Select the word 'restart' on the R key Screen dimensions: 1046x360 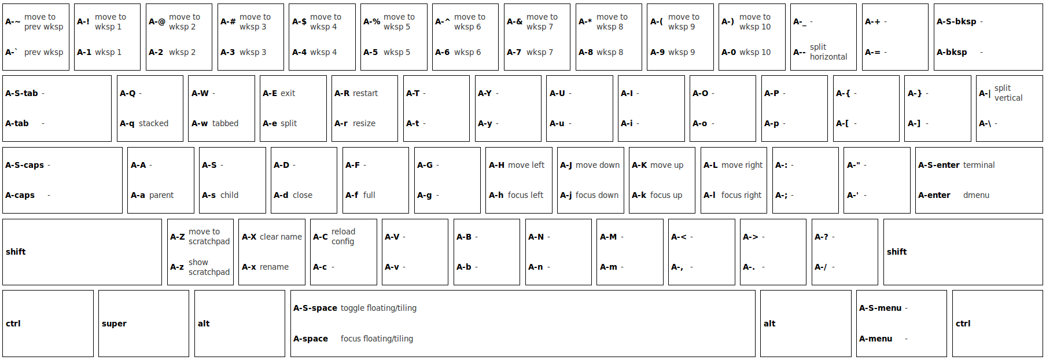pos(365,93)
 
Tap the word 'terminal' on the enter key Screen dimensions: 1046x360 pos(979,165)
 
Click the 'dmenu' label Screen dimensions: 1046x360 pos(976,195)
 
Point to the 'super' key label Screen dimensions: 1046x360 pos(114,324)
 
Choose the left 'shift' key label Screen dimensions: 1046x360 pos(16,252)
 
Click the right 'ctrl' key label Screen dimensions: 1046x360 pos(963,324)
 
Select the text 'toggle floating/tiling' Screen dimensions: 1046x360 pos(378,308)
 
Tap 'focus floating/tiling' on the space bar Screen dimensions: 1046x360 pos(377,339)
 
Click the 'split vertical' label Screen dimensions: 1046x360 pos(1008,93)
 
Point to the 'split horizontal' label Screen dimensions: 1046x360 pos(828,52)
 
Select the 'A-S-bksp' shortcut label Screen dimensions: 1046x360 pos(956,21)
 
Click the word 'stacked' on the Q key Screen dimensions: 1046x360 pos(153,123)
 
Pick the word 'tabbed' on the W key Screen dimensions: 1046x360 pos(225,123)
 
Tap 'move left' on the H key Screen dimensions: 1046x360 pos(526,165)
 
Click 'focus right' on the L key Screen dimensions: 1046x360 pos(741,195)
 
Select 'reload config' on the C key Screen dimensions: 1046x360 pos(343,236)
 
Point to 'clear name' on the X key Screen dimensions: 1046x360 pos(281,237)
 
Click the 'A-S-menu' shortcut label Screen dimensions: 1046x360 pos(880,308)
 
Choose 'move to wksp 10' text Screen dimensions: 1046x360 pos(755,22)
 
